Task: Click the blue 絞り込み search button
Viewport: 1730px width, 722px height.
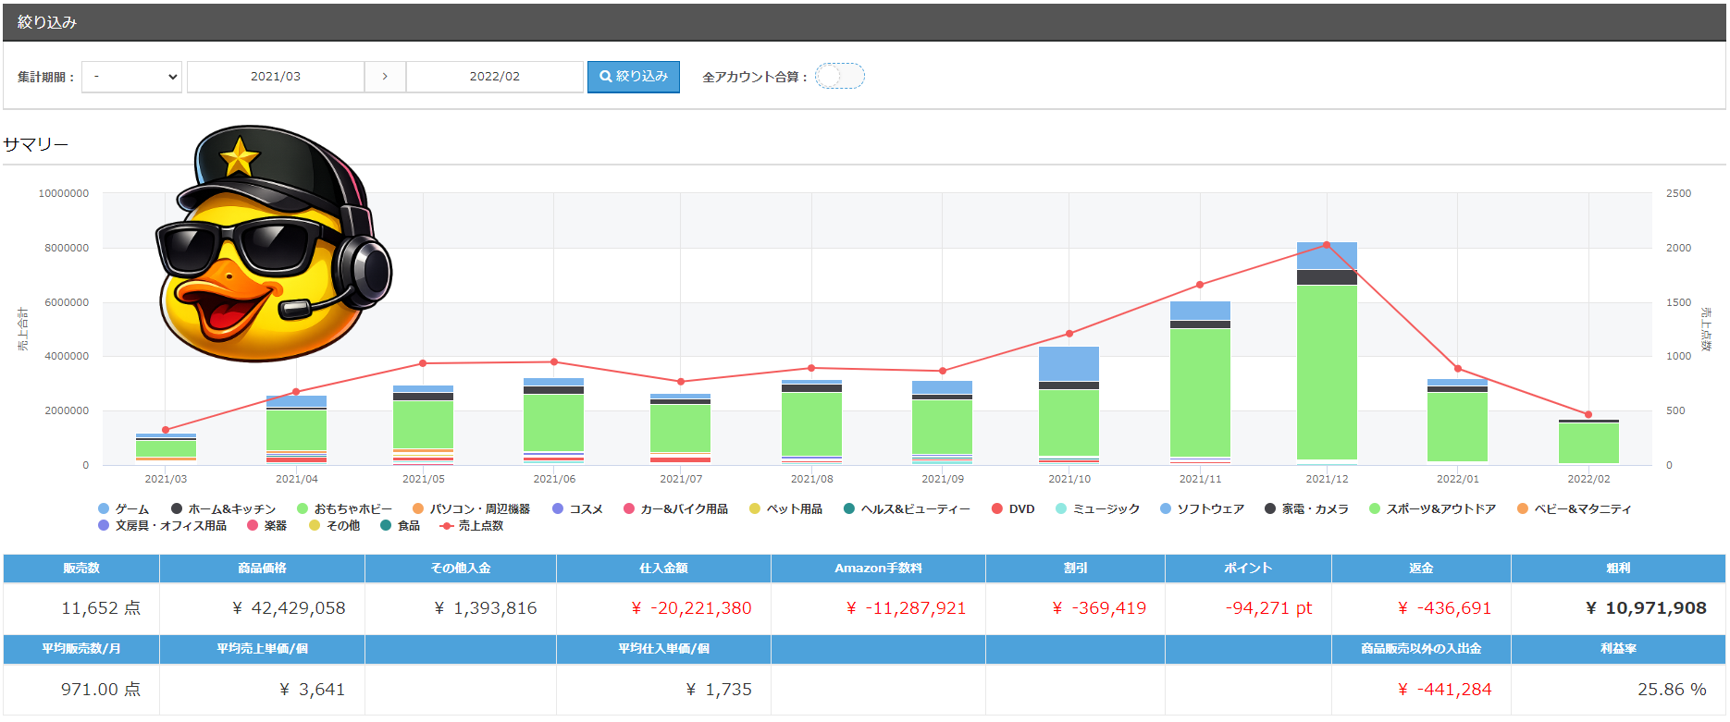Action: click(634, 77)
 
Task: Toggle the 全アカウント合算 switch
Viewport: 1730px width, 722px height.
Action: click(839, 76)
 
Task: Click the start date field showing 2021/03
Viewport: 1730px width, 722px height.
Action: click(276, 77)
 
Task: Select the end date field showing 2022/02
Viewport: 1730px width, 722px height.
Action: click(494, 77)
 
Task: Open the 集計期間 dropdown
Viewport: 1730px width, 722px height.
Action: click(132, 77)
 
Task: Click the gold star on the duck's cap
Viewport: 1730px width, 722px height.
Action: click(239, 157)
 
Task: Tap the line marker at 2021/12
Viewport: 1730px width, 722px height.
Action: click(1327, 245)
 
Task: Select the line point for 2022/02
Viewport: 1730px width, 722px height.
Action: click(1588, 415)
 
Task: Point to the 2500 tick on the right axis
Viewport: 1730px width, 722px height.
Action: click(1678, 193)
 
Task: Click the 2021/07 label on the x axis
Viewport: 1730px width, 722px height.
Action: click(681, 479)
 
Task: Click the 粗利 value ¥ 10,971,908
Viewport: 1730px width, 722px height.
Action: click(1646, 608)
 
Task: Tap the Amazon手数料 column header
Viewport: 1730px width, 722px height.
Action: click(878, 569)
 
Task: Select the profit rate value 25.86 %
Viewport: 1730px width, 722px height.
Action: click(1672, 690)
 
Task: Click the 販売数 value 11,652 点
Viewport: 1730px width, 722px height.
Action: click(101, 608)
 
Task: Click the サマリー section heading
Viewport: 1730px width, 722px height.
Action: click(36, 144)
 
